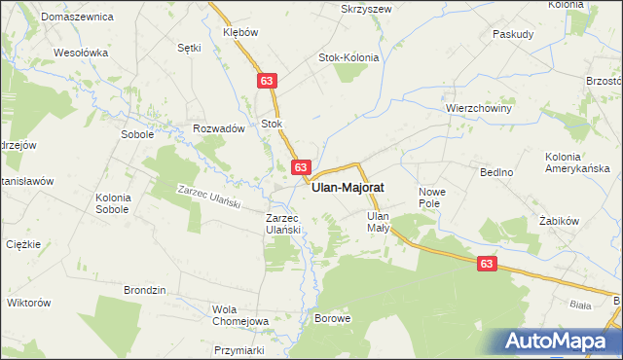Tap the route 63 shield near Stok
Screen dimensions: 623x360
(x=266, y=83)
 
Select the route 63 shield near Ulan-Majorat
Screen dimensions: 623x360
(x=301, y=167)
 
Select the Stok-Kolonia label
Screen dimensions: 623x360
(x=348, y=57)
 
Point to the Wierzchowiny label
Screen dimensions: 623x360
(x=479, y=108)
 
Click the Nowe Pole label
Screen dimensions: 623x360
(x=430, y=198)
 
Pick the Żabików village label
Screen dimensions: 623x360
(x=560, y=221)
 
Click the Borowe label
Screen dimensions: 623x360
(x=332, y=318)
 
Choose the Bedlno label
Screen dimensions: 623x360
(x=496, y=171)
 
